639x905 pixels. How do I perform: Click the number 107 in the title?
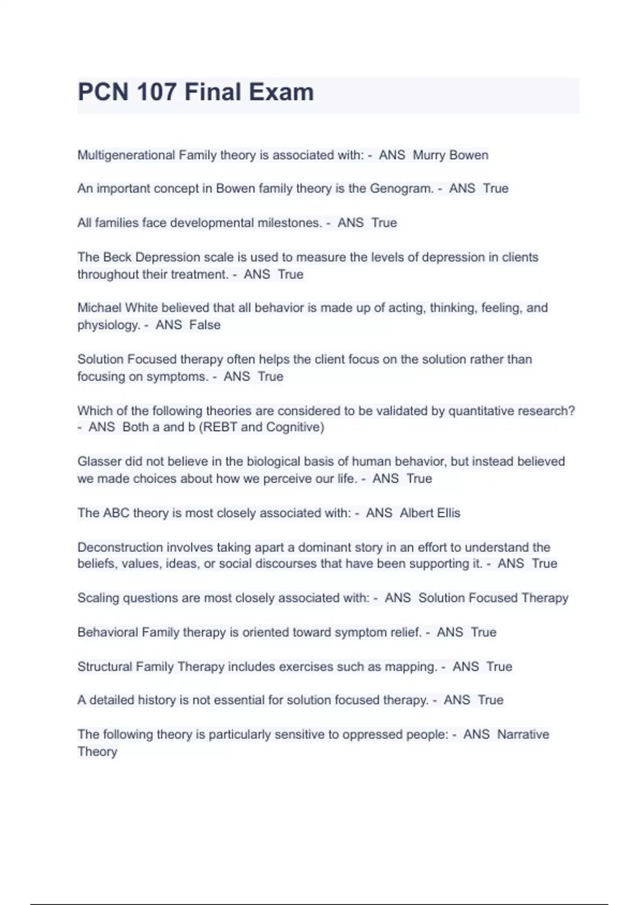tap(156, 92)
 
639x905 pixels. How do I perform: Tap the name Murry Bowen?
tap(450, 155)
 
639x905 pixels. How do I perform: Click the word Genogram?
tap(402, 188)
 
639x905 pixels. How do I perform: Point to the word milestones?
tap(290, 223)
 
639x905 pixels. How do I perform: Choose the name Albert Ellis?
tap(430, 513)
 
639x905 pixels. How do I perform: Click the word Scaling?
tap(99, 598)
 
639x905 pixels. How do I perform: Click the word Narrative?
tap(523, 734)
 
